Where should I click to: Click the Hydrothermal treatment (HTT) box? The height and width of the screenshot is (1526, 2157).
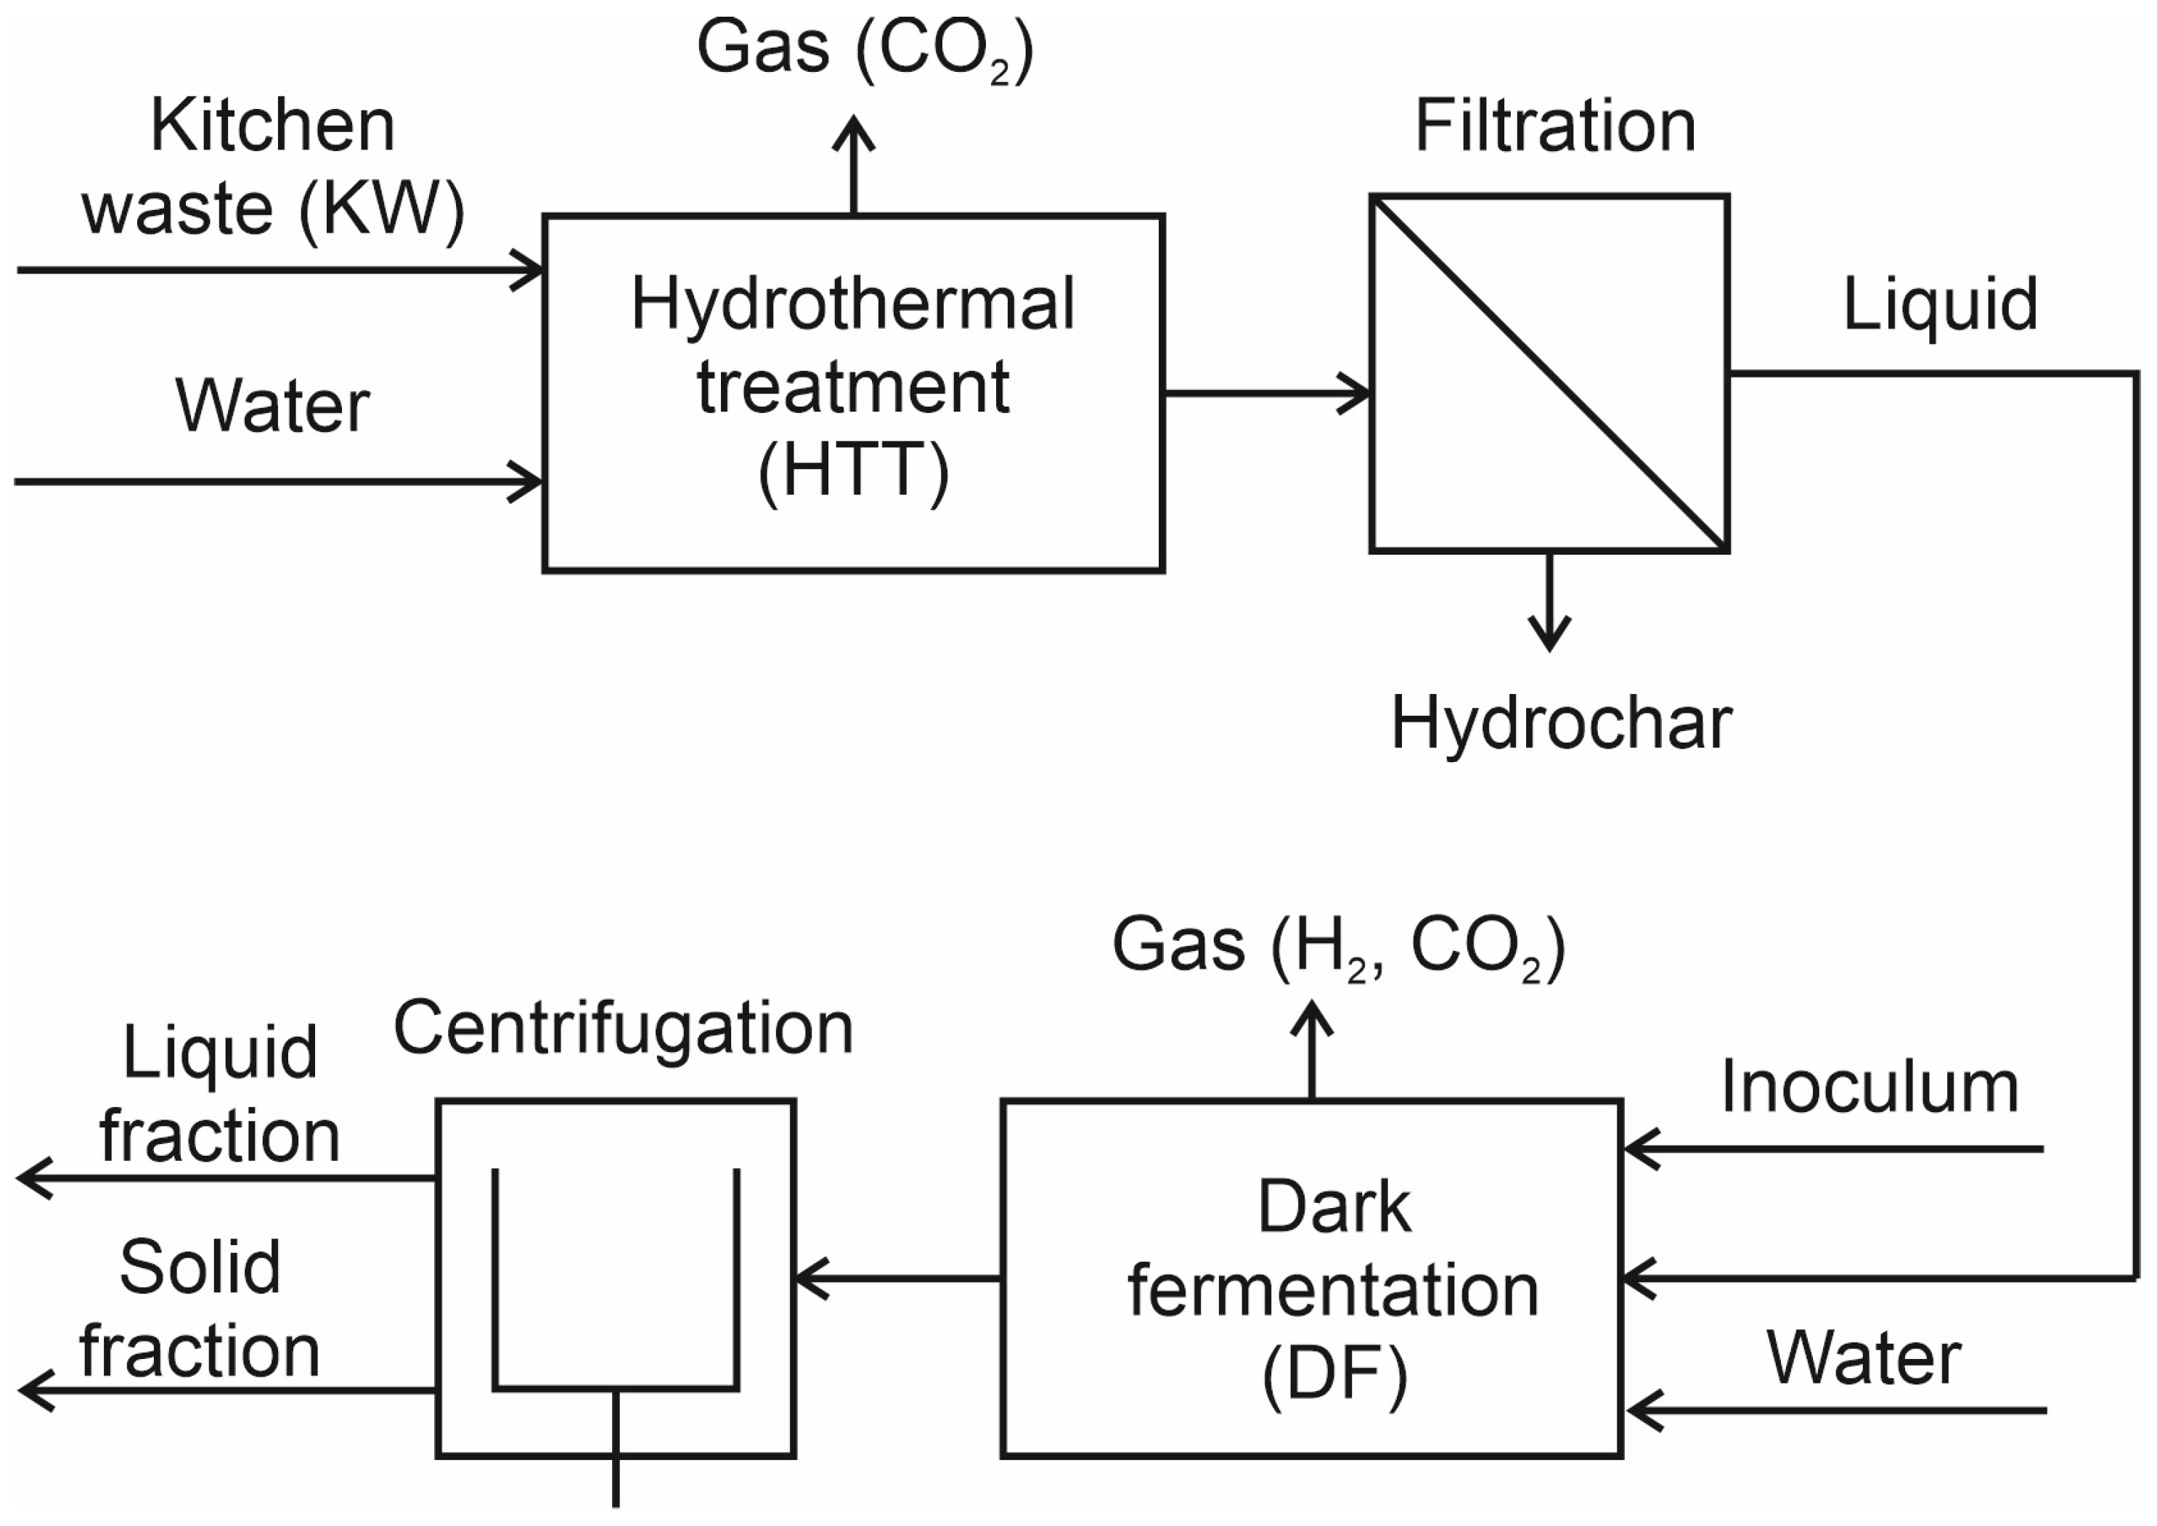(853, 393)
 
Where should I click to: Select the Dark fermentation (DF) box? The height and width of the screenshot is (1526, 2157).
(1311, 1278)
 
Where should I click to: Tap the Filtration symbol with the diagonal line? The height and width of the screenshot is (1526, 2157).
(1549, 373)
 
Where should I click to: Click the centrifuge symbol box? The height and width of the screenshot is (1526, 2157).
(616, 1278)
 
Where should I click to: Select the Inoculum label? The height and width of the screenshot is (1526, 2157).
(1869, 1088)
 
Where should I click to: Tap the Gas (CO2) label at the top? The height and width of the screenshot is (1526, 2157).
(864, 49)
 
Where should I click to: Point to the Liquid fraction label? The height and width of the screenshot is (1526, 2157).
(218, 1095)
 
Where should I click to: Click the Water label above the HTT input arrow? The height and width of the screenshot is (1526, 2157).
(272, 407)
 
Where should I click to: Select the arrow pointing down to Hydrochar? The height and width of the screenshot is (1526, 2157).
(1549, 601)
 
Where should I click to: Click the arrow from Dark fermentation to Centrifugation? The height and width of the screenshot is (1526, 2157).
(898, 1278)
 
